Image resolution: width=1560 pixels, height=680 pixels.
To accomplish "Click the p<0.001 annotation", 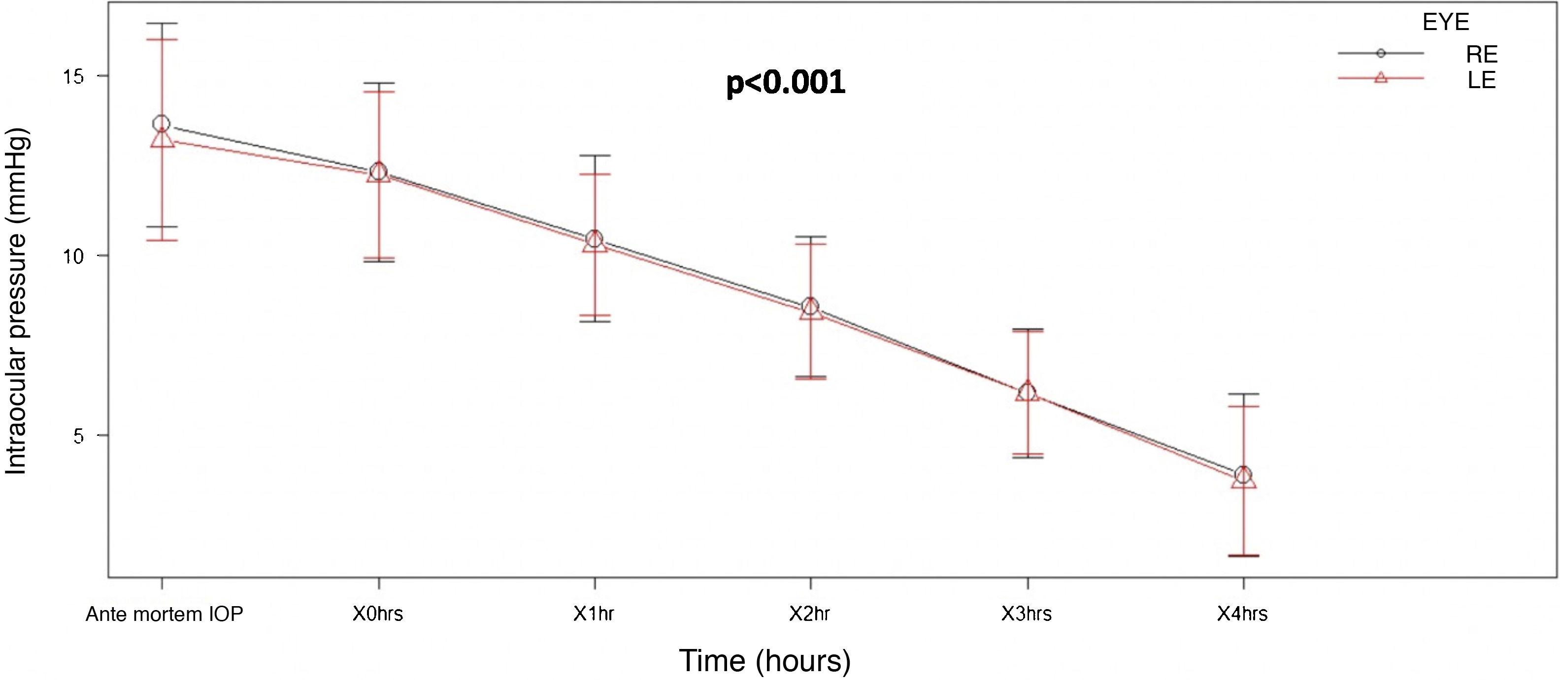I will (x=786, y=83).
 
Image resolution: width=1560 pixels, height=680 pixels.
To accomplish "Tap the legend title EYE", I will (x=1446, y=23).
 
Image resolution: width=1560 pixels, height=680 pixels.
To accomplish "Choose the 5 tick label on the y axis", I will (x=79, y=436).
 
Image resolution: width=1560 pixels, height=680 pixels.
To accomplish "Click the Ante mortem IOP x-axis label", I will (x=164, y=615).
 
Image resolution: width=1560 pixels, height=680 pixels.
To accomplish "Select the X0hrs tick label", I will (x=378, y=615).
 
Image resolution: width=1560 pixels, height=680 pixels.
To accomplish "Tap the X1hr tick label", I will (x=594, y=615).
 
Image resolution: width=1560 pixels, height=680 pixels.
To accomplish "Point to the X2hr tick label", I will (x=810, y=615).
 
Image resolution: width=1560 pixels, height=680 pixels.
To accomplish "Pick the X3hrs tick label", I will (x=1027, y=615).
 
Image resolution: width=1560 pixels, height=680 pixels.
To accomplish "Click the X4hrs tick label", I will (x=1243, y=615).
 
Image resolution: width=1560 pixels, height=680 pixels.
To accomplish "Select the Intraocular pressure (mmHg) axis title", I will (x=16, y=301).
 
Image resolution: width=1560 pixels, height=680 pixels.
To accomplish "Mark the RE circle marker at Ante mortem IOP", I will (x=162, y=124).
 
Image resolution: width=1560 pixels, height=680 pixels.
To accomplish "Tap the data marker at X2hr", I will (x=810, y=307).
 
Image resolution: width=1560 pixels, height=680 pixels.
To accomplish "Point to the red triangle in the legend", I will (x=1381, y=95).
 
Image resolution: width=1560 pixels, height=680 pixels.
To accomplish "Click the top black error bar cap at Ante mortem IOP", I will (x=162, y=24).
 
